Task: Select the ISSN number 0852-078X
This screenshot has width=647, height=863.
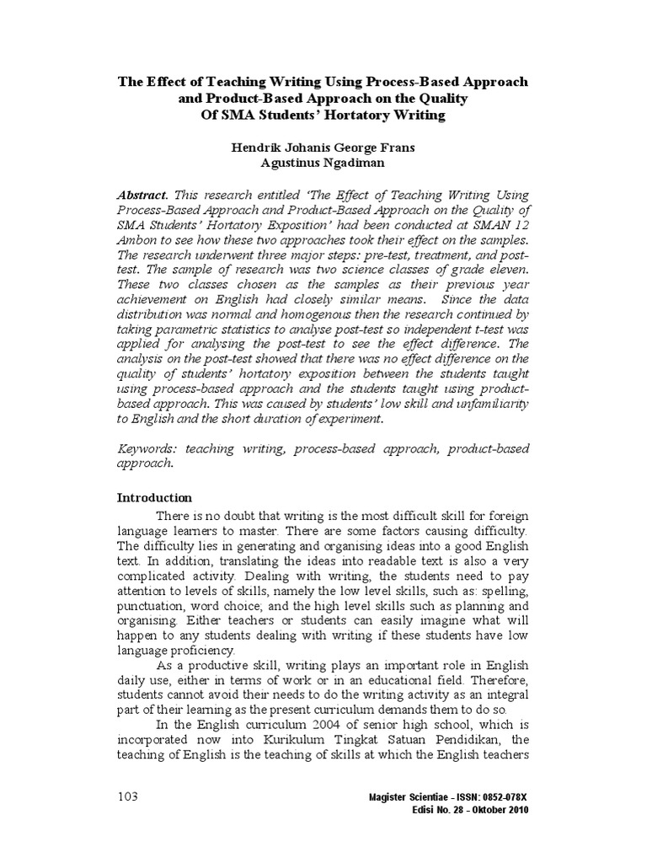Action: point(504,797)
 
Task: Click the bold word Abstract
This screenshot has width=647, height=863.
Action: point(141,193)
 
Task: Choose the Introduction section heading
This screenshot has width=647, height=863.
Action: point(153,497)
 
